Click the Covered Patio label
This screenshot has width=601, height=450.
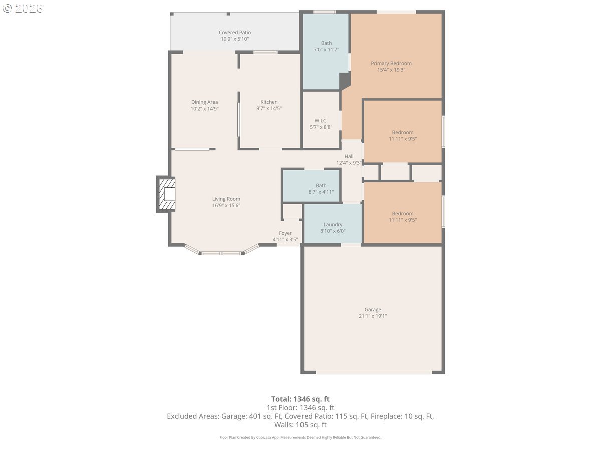tap(235, 33)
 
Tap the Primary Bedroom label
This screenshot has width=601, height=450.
tap(391, 63)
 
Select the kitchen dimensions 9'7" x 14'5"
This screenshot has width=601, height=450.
tap(269, 108)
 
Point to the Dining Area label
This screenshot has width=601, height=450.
tap(204, 102)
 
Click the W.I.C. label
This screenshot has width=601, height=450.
tap(321, 121)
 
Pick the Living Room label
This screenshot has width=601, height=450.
tap(226, 199)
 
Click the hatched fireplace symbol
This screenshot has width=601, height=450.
tap(166, 194)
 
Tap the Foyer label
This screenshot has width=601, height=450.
tap(285, 233)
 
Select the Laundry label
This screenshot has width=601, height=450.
tap(333, 224)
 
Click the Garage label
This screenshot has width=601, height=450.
tap(373, 310)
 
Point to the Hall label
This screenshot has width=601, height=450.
tap(349, 156)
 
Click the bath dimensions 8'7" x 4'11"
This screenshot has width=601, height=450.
tap(321, 192)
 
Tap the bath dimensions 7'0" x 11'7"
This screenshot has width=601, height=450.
tap(326, 50)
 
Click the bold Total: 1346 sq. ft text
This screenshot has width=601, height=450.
tap(300, 399)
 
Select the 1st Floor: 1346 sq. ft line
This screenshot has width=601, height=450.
tap(300, 408)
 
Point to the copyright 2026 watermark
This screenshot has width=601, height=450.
tap(23, 8)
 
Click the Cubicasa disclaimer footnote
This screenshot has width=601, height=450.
tap(300, 437)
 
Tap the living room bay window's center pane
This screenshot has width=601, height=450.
tap(221, 253)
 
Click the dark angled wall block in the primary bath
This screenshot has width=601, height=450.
tap(345, 81)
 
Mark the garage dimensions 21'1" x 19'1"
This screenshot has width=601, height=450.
tap(373, 316)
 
